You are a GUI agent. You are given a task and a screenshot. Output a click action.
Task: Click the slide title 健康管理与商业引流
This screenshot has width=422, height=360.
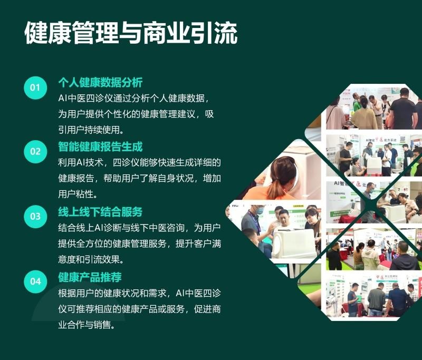click(131, 33)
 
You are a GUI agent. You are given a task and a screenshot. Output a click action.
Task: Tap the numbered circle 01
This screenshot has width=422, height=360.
click(35, 87)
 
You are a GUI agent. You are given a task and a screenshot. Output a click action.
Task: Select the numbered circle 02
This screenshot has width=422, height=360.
click(35, 152)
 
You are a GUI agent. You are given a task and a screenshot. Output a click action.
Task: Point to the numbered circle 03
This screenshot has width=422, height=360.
click(35, 217)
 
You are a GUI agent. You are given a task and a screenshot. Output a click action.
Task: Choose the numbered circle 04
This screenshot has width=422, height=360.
click(35, 281)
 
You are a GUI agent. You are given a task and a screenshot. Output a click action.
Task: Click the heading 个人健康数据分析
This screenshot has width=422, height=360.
click(100, 83)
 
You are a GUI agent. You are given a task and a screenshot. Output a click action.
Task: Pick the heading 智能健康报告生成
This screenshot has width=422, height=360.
click(100, 147)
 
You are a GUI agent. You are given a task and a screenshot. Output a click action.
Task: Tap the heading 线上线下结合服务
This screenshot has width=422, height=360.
click(100, 212)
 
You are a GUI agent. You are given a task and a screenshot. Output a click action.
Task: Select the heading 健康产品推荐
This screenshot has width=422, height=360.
click(90, 277)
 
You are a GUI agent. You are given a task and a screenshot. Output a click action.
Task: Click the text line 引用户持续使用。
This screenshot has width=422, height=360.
click(91, 130)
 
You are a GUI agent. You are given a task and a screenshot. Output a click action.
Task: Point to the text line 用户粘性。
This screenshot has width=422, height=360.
click(78, 194)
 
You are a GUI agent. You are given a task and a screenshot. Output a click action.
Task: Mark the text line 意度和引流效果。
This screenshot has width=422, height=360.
click(91, 259)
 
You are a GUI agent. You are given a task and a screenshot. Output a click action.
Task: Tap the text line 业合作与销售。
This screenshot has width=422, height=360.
click(87, 325)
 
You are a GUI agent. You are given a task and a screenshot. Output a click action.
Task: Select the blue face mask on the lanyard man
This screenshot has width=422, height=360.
click(260, 210)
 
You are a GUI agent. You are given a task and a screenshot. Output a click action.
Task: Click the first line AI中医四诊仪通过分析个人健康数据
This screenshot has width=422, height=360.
click(134, 98)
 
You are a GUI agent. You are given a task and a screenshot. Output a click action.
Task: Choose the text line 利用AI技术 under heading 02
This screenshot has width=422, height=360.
click(139, 162)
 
